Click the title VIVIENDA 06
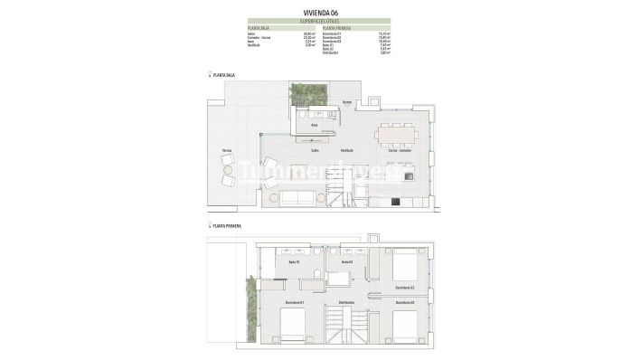(x=319, y=12)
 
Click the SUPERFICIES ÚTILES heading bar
(x=319, y=20)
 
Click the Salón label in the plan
(x=316, y=150)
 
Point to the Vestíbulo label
(x=347, y=150)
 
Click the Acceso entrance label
(x=346, y=103)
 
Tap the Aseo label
(x=314, y=125)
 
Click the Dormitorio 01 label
(x=294, y=301)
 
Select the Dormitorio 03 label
(x=404, y=301)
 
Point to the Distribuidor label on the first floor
(x=346, y=301)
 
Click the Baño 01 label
(x=294, y=262)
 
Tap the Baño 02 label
(x=346, y=262)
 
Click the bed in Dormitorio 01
(x=293, y=324)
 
